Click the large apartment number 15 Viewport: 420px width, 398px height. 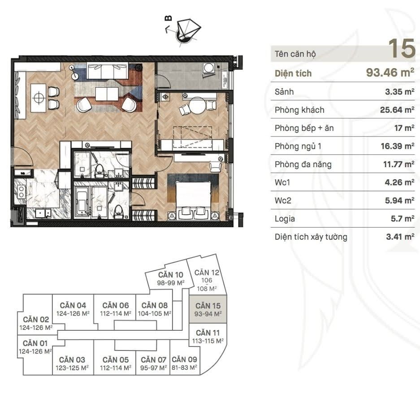[402, 48]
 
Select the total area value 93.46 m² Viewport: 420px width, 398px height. [390, 72]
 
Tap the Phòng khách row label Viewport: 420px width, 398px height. [299, 110]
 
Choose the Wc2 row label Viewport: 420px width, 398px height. [283, 200]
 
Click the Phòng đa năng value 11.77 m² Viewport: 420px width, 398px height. [398, 164]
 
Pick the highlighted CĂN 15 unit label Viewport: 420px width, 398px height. [208, 309]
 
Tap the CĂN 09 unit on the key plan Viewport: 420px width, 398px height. [184, 363]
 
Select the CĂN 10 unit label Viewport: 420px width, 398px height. [171, 278]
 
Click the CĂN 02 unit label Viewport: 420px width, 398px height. [36, 323]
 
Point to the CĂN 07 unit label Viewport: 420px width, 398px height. [153, 363]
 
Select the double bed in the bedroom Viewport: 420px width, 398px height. [193, 197]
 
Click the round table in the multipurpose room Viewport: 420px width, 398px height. [198, 105]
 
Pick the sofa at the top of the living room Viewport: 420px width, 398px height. [108, 71]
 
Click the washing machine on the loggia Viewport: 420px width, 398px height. [209, 68]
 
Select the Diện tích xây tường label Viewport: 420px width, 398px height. [311, 237]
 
